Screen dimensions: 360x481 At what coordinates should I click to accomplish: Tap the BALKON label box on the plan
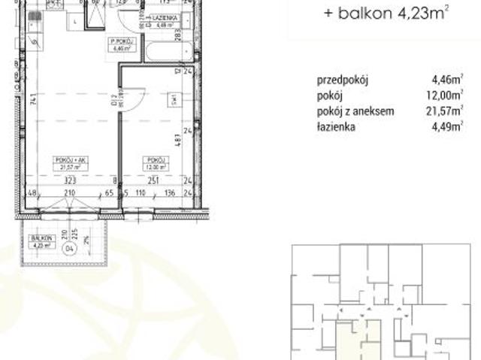pos(40,241)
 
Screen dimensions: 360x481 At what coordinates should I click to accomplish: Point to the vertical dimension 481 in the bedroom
pos(175,141)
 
